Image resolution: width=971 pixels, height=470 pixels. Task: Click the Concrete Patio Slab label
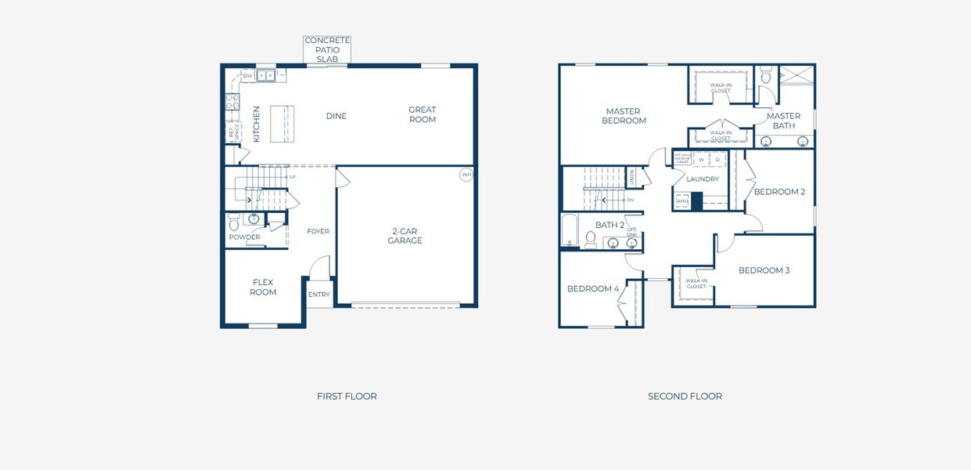click(327, 49)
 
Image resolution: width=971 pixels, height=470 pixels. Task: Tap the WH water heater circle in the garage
click(466, 175)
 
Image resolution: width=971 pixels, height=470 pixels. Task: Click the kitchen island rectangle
click(282, 124)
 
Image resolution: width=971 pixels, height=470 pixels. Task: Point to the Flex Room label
click(263, 287)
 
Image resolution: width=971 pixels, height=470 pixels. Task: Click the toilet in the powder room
click(234, 222)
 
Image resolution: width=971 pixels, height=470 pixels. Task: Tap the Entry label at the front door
click(318, 295)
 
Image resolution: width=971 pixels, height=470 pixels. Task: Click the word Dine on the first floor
click(336, 116)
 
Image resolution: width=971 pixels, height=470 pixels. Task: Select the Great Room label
click(422, 114)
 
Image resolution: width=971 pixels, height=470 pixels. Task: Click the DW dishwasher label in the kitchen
click(247, 76)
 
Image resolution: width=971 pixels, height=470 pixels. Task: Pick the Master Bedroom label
click(624, 116)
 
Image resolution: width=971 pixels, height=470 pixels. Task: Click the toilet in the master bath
click(766, 78)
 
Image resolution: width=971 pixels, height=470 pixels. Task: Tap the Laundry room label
click(703, 179)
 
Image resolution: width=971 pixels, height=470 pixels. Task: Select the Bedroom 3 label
click(764, 270)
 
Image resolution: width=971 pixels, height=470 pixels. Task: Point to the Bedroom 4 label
click(593, 288)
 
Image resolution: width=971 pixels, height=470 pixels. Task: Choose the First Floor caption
click(347, 396)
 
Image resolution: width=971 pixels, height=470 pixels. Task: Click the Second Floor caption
click(685, 396)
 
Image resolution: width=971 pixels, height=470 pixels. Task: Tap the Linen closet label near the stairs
click(631, 178)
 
